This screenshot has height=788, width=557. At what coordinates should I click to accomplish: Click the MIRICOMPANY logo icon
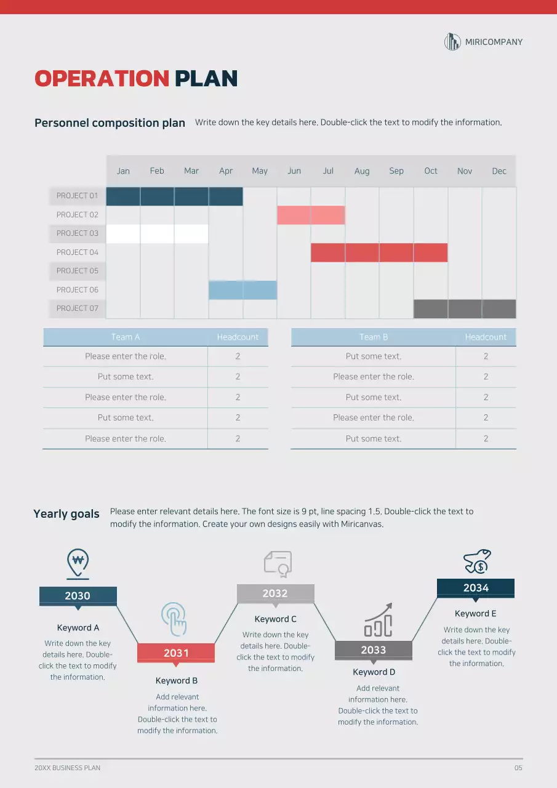(x=452, y=42)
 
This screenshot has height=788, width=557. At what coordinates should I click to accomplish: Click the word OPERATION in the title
(x=102, y=79)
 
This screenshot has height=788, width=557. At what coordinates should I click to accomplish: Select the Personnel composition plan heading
(x=110, y=123)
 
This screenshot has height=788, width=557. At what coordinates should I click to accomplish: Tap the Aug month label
(x=362, y=171)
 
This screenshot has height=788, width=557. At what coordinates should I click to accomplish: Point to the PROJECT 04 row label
(x=77, y=252)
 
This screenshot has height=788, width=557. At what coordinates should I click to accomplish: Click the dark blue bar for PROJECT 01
(x=174, y=196)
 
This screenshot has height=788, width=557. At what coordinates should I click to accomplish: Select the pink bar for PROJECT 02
(x=311, y=215)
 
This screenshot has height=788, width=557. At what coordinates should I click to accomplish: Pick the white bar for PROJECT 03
(x=157, y=234)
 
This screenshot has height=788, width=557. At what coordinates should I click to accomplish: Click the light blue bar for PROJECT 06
(x=242, y=290)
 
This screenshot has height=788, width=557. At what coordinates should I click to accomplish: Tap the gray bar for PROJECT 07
(x=464, y=309)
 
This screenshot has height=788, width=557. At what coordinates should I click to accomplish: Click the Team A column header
(x=126, y=337)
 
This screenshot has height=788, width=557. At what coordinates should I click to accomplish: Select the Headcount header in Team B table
(x=486, y=337)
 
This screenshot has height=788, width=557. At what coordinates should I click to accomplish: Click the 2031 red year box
(x=176, y=653)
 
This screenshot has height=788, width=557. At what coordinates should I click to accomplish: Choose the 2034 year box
(x=475, y=588)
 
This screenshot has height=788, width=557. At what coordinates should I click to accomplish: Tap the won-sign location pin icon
(x=78, y=563)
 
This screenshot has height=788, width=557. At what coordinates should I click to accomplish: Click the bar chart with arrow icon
(x=378, y=620)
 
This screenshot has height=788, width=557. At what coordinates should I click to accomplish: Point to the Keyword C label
(x=275, y=619)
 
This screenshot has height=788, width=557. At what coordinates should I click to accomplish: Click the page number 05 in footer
(x=518, y=768)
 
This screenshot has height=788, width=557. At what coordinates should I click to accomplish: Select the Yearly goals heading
(x=66, y=514)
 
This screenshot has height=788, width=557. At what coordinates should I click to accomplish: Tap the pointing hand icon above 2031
(x=174, y=619)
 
